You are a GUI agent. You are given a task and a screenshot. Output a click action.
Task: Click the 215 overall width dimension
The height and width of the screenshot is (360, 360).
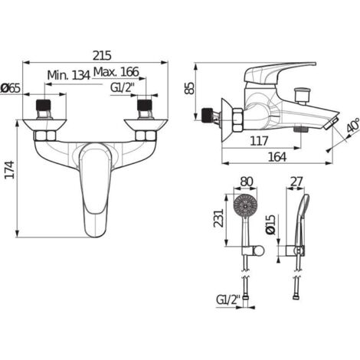tap(102, 55)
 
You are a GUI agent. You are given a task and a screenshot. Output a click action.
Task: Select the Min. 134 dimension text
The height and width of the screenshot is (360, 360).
tap(69, 75)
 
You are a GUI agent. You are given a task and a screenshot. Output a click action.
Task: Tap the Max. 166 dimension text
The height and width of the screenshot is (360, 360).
tap(116, 72)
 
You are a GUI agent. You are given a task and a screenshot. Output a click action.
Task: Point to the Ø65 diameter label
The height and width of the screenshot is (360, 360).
tap(11, 88)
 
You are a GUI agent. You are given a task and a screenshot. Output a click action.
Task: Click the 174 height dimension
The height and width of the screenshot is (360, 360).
tap(10, 169)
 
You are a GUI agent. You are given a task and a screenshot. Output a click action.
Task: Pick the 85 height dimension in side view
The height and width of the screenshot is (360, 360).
tap(189, 89)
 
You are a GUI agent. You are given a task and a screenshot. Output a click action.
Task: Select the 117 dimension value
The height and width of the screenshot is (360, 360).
tap(259, 141)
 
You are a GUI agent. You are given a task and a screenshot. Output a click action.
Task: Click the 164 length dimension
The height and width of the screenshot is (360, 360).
tap(277, 157)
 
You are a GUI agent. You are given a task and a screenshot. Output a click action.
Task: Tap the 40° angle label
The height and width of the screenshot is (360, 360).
tap(352, 126)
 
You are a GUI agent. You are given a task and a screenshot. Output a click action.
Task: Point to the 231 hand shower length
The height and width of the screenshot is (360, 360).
tap(218, 218)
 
